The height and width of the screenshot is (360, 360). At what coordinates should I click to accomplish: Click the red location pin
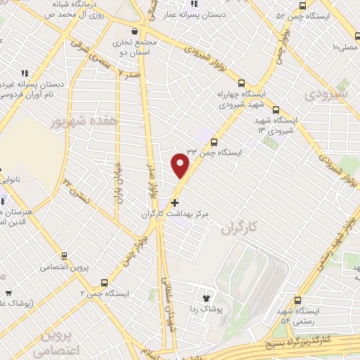[180, 166]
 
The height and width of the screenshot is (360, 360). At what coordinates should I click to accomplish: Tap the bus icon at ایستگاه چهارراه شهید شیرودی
[242, 82]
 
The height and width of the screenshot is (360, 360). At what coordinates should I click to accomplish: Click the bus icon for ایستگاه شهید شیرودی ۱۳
[276, 110]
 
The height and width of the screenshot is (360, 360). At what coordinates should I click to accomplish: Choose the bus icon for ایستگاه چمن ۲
[104, 282]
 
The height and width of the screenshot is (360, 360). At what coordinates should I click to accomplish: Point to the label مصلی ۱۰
[345, 46]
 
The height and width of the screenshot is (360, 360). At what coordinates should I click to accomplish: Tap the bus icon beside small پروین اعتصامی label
[65, 256]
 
